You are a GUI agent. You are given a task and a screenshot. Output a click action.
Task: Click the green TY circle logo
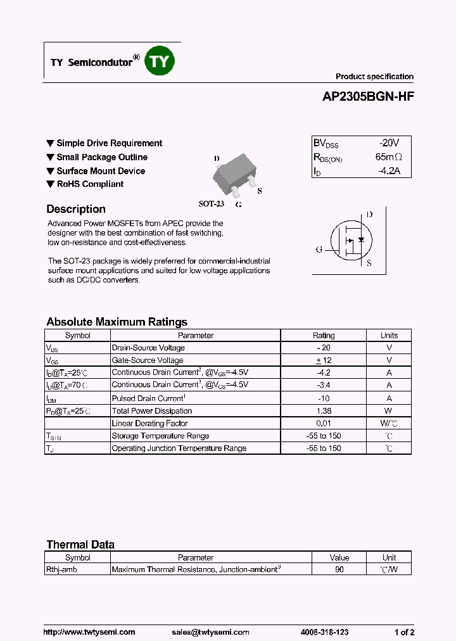(x=160, y=61)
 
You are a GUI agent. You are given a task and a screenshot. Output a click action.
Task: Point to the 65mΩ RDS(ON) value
(x=388, y=157)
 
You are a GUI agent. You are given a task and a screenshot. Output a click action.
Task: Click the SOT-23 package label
(x=212, y=204)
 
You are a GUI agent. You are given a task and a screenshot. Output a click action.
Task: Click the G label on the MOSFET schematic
(x=319, y=249)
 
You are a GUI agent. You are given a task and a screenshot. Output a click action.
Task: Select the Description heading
(x=76, y=209)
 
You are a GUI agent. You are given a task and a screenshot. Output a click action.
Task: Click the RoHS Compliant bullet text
(x=90, y=184)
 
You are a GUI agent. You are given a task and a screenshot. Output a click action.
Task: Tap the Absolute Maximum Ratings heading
(x=117, y=322)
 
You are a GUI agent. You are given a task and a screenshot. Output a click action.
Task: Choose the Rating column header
(x=324, y=336)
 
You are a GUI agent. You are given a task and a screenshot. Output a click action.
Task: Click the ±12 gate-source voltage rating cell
(x=324, y=360)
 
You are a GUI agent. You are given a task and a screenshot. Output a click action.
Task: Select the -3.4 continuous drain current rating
(x=324, y=385)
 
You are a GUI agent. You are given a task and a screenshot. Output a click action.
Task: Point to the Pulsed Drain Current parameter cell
(x=149, y=398)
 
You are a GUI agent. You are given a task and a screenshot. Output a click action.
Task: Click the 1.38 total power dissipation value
(x=324, y=411)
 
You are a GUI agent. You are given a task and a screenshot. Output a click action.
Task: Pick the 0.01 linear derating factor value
(x=324, y=423)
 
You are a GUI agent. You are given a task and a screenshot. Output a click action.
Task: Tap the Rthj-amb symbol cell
(x=59, y=569)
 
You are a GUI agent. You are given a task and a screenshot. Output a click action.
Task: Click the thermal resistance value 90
(x=339, y=569)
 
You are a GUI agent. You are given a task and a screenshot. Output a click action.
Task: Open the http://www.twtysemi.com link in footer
(x=89, y=632)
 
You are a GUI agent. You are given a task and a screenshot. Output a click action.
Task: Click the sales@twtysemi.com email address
(x=210, y=632)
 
